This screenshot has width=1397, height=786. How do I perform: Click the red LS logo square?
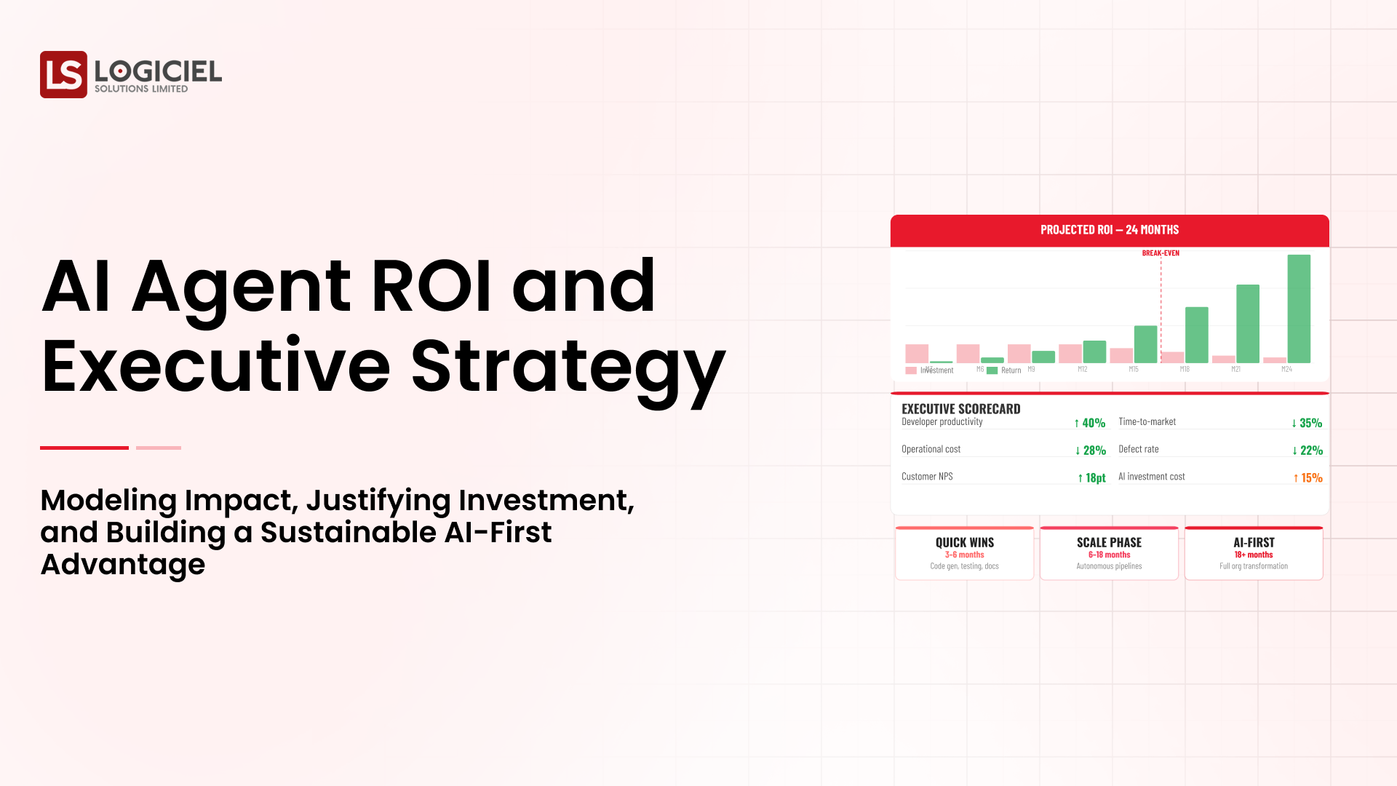pos(63,74)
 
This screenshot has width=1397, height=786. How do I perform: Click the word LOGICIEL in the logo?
pos(158,71)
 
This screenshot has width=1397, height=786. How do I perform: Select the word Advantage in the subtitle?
pos(123,564)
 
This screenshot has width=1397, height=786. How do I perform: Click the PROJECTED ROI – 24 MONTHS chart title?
pos(1109,230)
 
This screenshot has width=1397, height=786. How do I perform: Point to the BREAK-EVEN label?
pos(1161,253)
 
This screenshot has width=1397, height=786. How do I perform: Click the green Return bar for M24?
pos(1298,309)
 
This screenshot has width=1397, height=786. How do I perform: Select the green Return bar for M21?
pos(1247,324)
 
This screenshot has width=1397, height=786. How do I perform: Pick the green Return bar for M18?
pos(1196,335)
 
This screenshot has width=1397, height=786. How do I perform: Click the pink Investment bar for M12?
pos(1070,354)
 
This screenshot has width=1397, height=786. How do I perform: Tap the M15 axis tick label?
pos(1133,370)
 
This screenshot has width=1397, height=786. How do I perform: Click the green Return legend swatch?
pos(992,370)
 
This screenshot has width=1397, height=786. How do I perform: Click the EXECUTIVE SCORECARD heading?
pos(960,409)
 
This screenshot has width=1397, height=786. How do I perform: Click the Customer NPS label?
pos(927,477)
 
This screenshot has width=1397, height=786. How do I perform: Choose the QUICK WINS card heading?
pos(964,542)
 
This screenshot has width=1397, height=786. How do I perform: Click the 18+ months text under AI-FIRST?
pos(1253,555)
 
